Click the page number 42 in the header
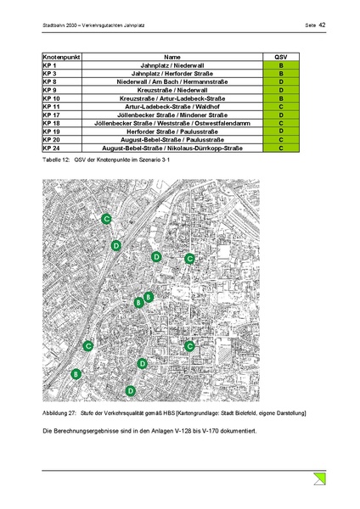coord(323,25)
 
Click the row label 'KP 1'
coord(50,64)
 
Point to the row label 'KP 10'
coord(52,98)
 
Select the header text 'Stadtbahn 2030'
coord(60,26)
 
